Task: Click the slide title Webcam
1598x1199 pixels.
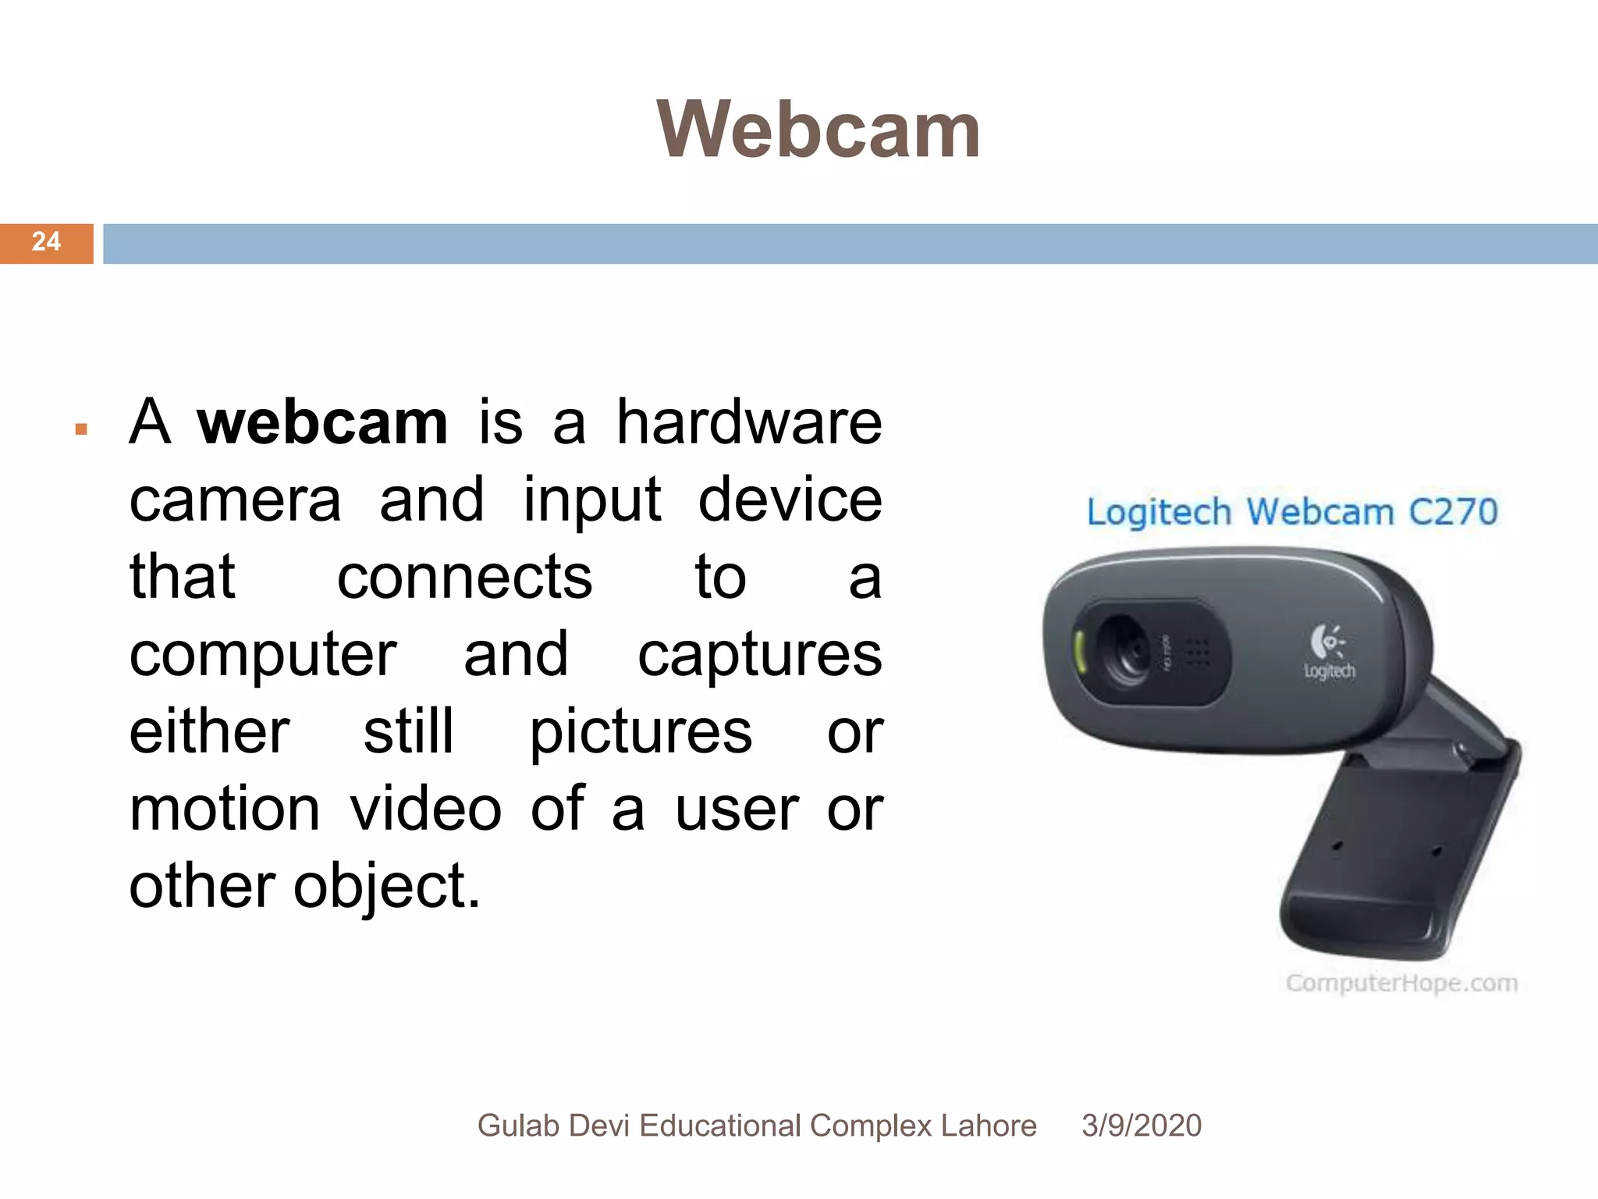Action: [x=818, y=130]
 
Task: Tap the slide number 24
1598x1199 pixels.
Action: [x=46, y=242]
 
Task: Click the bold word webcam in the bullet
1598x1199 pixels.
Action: [x=322, y=422]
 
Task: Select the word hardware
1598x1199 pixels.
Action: [x=749, y=422]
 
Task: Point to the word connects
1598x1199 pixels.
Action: [x=464, y=578]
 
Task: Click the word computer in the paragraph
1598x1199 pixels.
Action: [x=263, y=656]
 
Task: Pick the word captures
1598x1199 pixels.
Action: [x=760, y=656]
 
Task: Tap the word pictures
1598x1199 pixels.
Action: [x=641, y=732]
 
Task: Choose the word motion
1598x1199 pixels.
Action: [x=225, y=809]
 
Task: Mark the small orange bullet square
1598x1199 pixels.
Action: [x=81, y=429]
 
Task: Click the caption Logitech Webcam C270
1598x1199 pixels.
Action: [x=1292, y=512]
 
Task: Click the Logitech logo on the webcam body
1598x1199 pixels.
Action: [x=1329, y=651]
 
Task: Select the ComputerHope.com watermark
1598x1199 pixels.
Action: [x=1401, y=983]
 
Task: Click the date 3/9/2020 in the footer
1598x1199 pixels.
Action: [x=1141, y=1126]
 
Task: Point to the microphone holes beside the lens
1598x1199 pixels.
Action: [x=1198, y=654]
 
